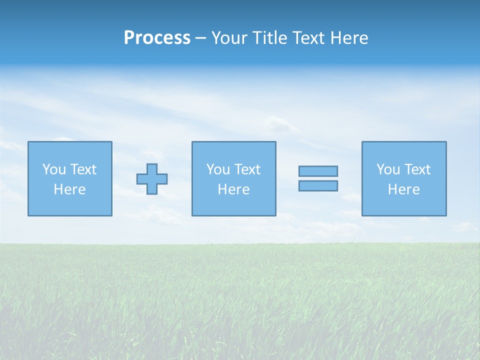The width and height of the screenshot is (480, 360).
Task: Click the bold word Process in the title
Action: click(x=157, y=38)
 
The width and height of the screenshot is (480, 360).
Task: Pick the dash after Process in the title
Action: click(x=200, y=38)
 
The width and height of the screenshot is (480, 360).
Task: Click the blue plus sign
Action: click(x=152, y=179)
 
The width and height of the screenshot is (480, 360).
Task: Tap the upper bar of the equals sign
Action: click(x=318, y=171)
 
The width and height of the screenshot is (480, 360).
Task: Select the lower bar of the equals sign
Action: click(x=318, y=185)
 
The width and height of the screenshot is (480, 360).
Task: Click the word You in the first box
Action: click(x=54, y=169)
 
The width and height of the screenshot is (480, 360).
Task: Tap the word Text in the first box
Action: click(x=83, y=169)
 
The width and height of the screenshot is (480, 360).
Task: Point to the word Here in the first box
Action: click(x=70, y=189)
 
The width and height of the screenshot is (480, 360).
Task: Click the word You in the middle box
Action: click(x=218, y=169)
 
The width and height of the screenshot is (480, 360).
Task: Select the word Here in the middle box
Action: click(x=233, y=189)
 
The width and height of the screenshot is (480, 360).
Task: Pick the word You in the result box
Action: click(x=388, y=169)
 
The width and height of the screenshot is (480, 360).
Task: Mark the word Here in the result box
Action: click(x=404, y=189)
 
